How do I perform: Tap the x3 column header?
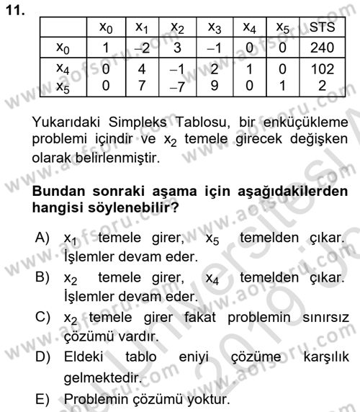pos(214,29)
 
